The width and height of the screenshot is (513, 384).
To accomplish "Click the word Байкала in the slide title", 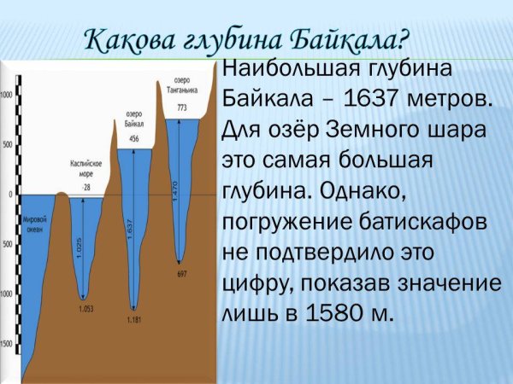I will click(351, 39).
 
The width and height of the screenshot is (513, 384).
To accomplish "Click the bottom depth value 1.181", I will click(133, 319).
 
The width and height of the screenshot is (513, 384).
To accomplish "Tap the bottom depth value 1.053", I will click(84, 307).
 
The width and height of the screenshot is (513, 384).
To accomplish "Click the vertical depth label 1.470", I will click(174, 189).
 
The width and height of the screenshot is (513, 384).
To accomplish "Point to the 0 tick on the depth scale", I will click(10, 195).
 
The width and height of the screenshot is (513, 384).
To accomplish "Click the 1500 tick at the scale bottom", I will click(7, 343).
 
